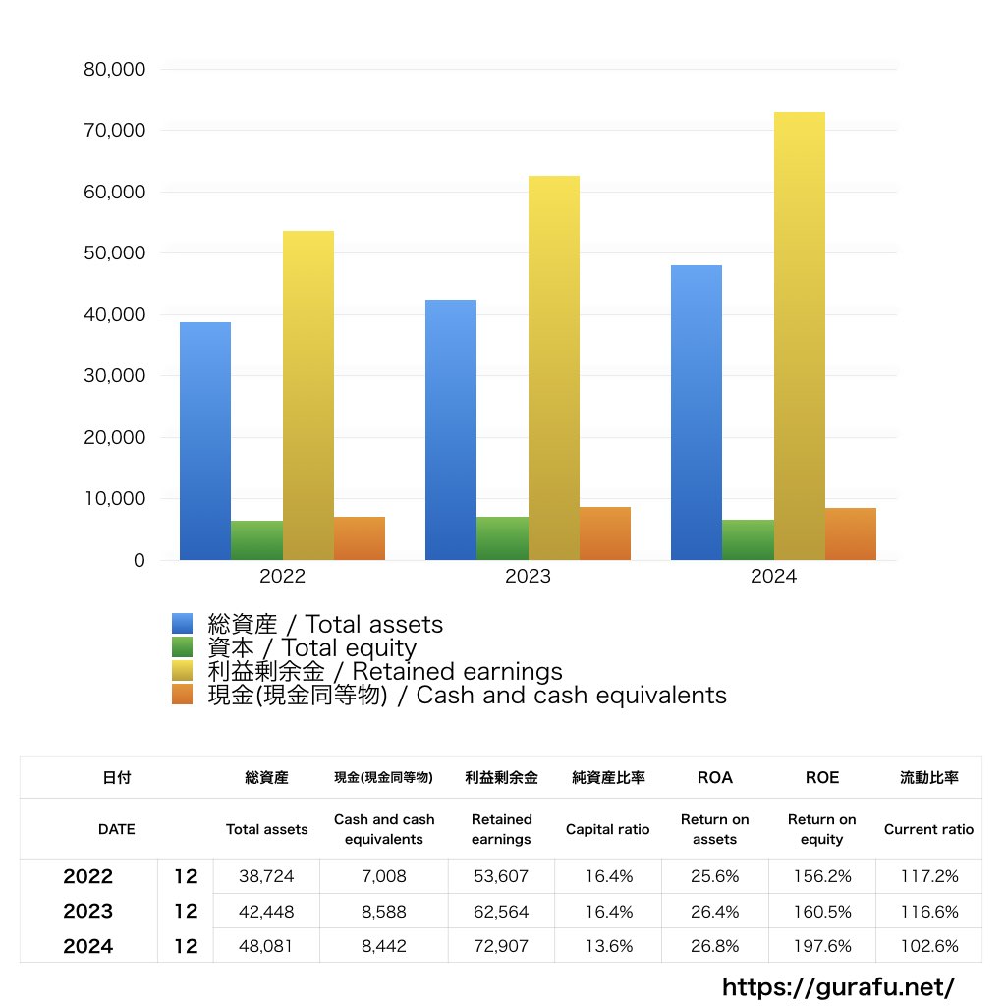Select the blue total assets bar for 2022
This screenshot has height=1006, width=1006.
(x=205, y=441)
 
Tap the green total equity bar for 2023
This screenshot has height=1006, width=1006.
(x=502, y=538)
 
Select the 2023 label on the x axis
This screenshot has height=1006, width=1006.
(x=528, y=577)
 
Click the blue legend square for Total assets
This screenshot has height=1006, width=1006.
(x=182, y=624)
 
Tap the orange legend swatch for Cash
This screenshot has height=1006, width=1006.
(x=182, y=695)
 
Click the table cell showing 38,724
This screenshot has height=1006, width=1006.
(x=266, y=876)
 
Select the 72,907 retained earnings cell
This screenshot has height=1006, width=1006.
(x=501, y=947)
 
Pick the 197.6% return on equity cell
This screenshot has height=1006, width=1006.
(x=821, y=947)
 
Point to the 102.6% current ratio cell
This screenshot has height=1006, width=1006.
(x=928, y=947)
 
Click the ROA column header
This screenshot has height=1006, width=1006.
(x=714, y=777)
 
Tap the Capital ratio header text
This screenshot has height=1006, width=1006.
(x=607, y=829)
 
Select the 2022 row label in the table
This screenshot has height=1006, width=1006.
(x=87, y=876)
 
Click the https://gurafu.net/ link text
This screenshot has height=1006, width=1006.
(x=838, y=986)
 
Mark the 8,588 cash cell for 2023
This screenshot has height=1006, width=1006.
(x=383, y=912)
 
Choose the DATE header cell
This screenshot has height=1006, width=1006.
(x=116, y=829)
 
